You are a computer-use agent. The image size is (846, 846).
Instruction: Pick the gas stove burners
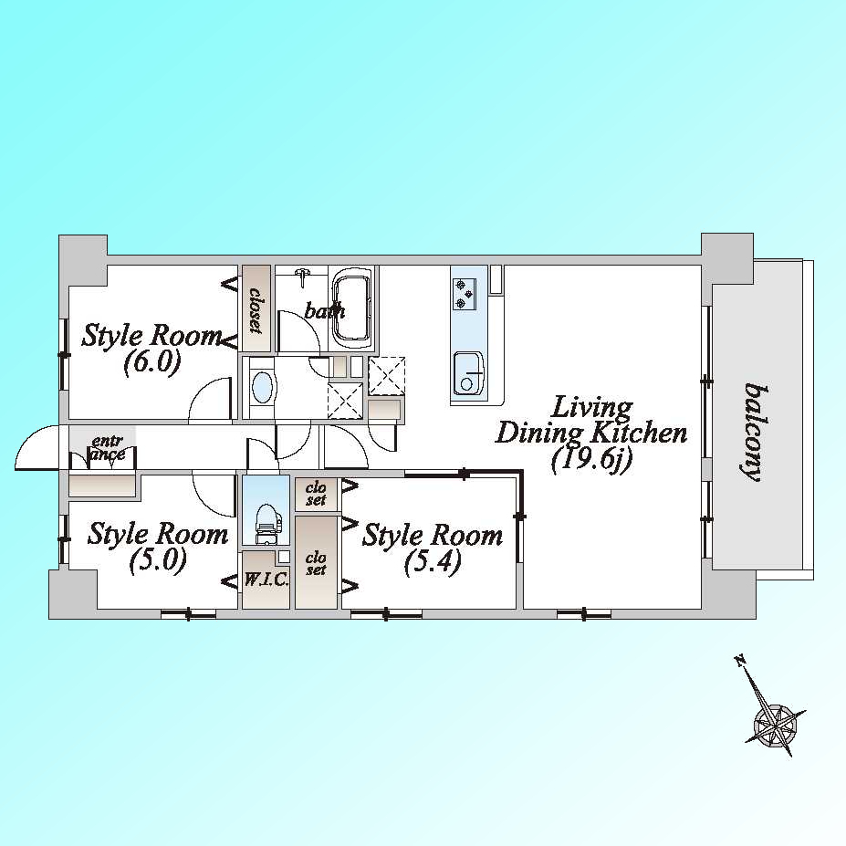pyautogui.click(x=464, y=294)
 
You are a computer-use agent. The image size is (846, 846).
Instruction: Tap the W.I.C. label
pyautogui.click(x=266, y=580)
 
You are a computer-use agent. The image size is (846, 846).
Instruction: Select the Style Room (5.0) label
pyautogui.click(x=158, y=547)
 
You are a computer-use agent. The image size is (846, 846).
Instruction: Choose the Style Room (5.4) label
pyautogui.click(x=433, y=548)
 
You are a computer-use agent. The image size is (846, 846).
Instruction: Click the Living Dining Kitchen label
pyautogui.click(x=591, y=435)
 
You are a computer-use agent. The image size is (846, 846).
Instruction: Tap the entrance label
pyautogui.click(x=108, y=448)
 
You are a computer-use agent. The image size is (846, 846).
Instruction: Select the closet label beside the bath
pyautogui.click(x=256, y=309)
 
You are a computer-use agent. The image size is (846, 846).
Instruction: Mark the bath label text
pyautogui.click(x=324, y=310)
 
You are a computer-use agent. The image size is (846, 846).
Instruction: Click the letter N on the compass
pyautogui.click(x=739, y=659)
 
